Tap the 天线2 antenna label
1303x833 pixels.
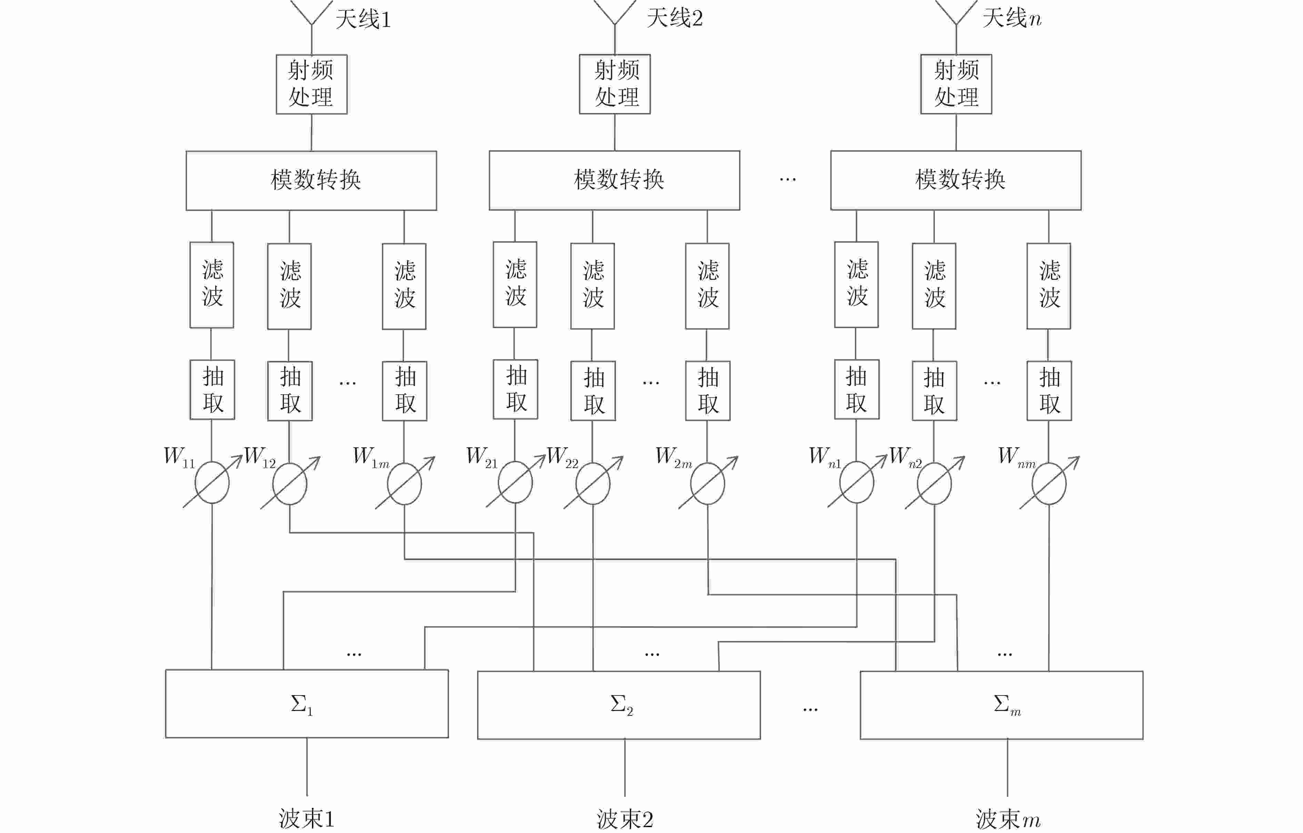[675, 18]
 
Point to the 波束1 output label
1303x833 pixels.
[307, 819]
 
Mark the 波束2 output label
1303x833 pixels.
[625, 819]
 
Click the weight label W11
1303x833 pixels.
[179, 457]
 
